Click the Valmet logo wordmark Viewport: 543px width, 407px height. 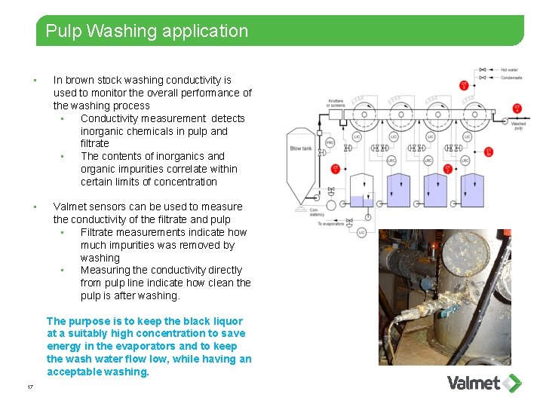[x=474, y=383]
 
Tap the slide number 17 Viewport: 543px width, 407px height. [x=29, y=387]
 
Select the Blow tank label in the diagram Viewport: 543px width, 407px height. [x=300, y=148]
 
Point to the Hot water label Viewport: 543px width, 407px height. [x=509, y=69]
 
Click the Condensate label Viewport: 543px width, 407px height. [x=511, y=77]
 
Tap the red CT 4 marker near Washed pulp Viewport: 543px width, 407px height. [x=517, y=109]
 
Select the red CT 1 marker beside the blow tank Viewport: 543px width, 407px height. [x=336, y=170]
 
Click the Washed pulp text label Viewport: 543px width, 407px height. [x=518, y=125]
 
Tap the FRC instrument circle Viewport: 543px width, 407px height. [x=330, y=142]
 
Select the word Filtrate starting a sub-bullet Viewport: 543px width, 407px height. [x=100, y=232]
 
